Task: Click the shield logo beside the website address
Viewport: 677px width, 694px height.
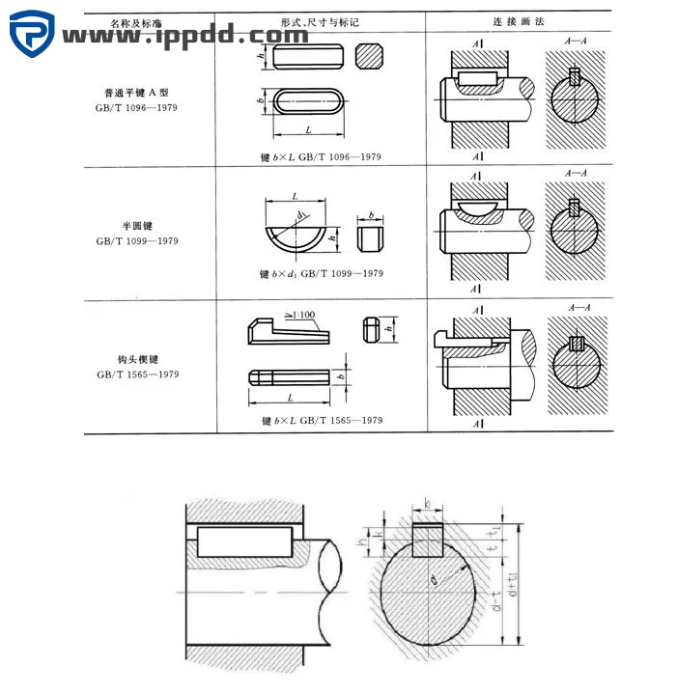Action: tap(32, 34)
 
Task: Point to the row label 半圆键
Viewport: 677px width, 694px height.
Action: tap(137, 227)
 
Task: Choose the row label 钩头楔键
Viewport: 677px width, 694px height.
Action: tap(136, 360)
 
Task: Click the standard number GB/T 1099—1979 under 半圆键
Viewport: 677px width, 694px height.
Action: tap(137, 241)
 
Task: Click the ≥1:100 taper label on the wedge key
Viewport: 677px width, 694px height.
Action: tap(300, 315)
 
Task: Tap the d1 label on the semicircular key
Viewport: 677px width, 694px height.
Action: tap(302, 215)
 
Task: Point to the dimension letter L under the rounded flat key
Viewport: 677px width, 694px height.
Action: tap(307, 128)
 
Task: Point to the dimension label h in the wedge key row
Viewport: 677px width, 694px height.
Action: tap(388, 329)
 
